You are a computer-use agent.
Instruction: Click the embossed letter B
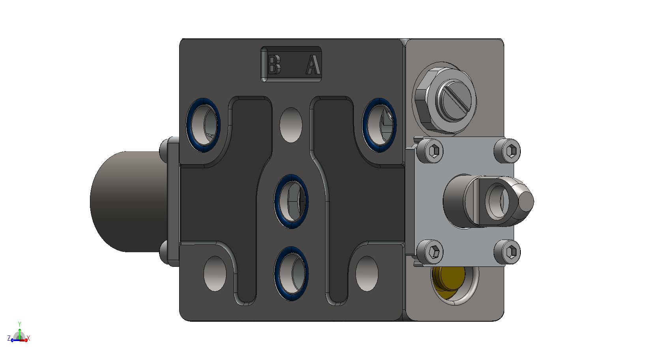[274, 64]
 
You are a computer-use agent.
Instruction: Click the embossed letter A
[313, 64]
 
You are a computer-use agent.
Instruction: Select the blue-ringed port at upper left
[203, 125]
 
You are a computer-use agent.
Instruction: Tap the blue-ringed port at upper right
[379, 125]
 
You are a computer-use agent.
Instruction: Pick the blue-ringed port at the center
[291, 201]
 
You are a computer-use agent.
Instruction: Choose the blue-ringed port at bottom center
[291, 273]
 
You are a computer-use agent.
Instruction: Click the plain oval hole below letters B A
[291, 125]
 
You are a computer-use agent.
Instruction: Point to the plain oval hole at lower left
[215, 274]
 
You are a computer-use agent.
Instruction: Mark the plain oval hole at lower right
[367, 274]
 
